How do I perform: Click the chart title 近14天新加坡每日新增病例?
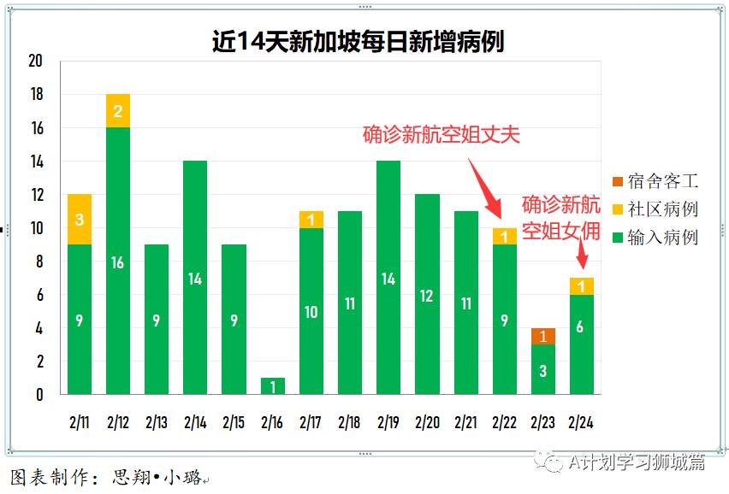click(x=358, y=42)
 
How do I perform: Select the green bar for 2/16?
click(x=272, y=385)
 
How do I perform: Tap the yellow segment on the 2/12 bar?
click(x=118, y=111)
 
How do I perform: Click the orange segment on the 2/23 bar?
click(x=542, y=336)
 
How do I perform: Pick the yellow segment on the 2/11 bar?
click(x=80, y=220)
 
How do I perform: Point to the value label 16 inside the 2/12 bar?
click(x=118, y=262)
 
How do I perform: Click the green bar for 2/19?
click(x=388, y=277)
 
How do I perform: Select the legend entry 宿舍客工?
click(x=655, y=181)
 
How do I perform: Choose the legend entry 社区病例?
click(x=655, y=209)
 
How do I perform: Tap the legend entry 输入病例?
click(x=655, y=238)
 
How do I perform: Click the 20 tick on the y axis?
click(x=35, y=61)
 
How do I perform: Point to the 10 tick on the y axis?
click(x=35, y=228)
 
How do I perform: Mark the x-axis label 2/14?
click(x=195, y=422)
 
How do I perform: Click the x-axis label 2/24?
click(x=581, y=422)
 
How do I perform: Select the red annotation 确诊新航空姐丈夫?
click(x=441, y=135)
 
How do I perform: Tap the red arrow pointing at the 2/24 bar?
click(x=581, y=255)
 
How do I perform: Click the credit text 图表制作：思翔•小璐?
click(x=107, y=477)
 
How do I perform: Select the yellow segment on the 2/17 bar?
click(x=311, y=220)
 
